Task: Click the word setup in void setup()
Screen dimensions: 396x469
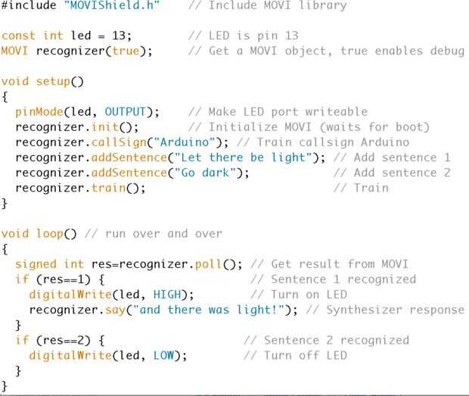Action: click(x=57, y=81)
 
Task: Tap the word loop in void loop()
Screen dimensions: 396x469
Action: click(x=50, y=233)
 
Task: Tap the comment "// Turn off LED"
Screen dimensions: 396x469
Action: click(x=295, y=355)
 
